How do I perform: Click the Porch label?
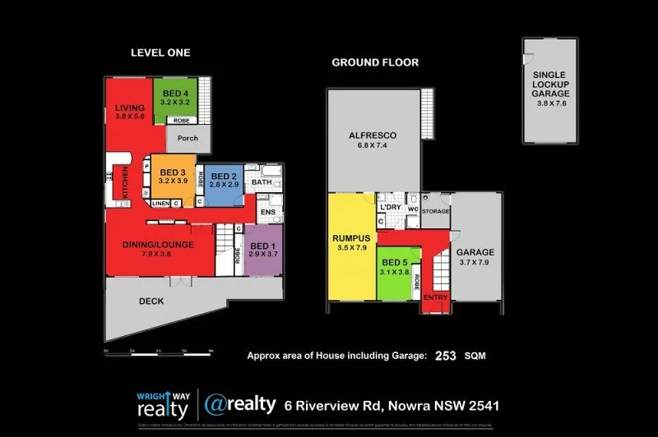[188, 138]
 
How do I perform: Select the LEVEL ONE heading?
[160, 53]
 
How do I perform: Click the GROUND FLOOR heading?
[375, 62]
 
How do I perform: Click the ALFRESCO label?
[373, 136]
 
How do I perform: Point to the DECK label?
[151, 301]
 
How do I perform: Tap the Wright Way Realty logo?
[162, 405]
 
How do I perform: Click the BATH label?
[262, 182]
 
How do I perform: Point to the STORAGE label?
[436, 212]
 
